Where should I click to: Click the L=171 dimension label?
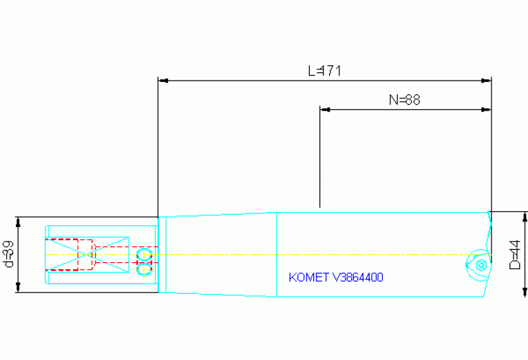tap(325, 71)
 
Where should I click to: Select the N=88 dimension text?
tap(404, 100)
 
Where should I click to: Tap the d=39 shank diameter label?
tap(8, 255)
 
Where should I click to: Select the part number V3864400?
tap(358, 278)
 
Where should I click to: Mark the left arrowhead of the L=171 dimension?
tap(163, 81)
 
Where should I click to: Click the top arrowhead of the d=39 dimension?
tap(19, 221)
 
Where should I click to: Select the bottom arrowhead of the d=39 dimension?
tap(19, 288)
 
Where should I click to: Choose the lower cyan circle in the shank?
tap(145, 269)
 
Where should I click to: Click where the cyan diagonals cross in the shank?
tap(87, 254)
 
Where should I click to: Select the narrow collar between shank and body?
tap(162, 255)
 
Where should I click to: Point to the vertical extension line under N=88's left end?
tap(320, 158)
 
